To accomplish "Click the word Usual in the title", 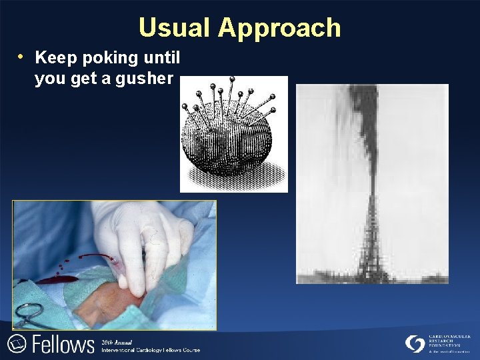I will pyautogui.click(x=174, y=28).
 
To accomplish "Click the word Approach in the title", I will pyautogui.click(x=279, y=28).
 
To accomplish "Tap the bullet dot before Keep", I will pyautogui.click(x=23, y=56).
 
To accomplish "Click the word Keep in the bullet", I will pyautogui.click(x=55, y=58).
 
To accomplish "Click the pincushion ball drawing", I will pyautogui.click(x=227, y=143).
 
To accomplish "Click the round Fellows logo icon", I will pyautogui.click(x=16, y=344).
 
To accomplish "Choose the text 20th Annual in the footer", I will pyautogui.click(x=116, y=341).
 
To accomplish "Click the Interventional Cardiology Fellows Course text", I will pyautogui.click(x=151, y=349).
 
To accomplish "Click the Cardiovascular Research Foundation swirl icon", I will pyautogui.click(x=415, y=343).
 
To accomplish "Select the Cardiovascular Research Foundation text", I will pyautogui.click(x=449, y=341).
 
